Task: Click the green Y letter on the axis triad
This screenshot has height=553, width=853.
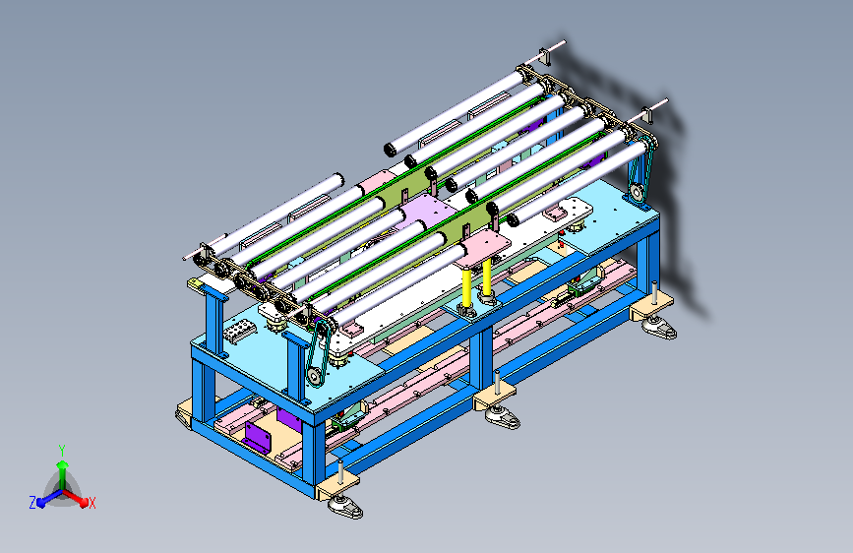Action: (x=62, y=451)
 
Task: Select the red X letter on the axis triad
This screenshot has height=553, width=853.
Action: (x=91, y=503)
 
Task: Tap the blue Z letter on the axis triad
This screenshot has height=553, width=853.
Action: (x=32, y=503)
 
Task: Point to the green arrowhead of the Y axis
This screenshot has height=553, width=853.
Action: (x=63, y=465)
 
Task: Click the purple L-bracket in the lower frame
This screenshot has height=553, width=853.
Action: (x=256, y=436)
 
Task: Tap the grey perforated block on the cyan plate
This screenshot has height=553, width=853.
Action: (x=239, y=331)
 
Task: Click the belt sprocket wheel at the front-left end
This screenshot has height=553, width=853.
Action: (x=314, y=376)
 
